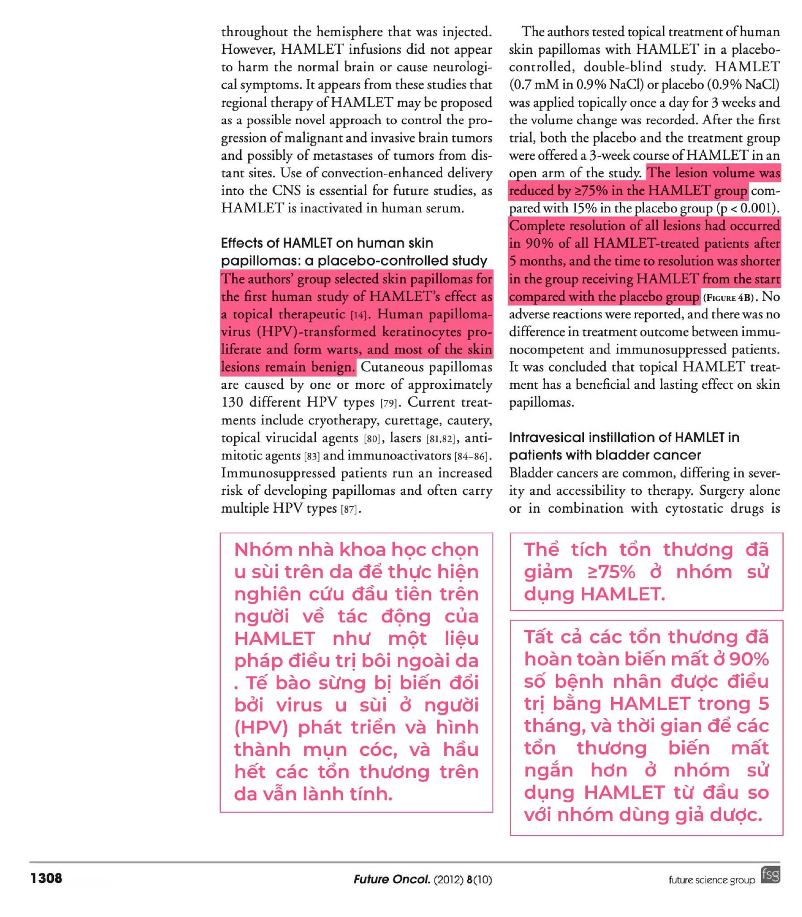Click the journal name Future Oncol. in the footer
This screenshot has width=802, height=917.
tap(391, 879)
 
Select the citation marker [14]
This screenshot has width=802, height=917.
tap(358, 315)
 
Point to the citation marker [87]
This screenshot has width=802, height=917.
tap(350, 509)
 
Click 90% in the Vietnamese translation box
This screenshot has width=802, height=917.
tap(749, 659)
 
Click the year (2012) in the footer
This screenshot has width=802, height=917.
tap(448, 879)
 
